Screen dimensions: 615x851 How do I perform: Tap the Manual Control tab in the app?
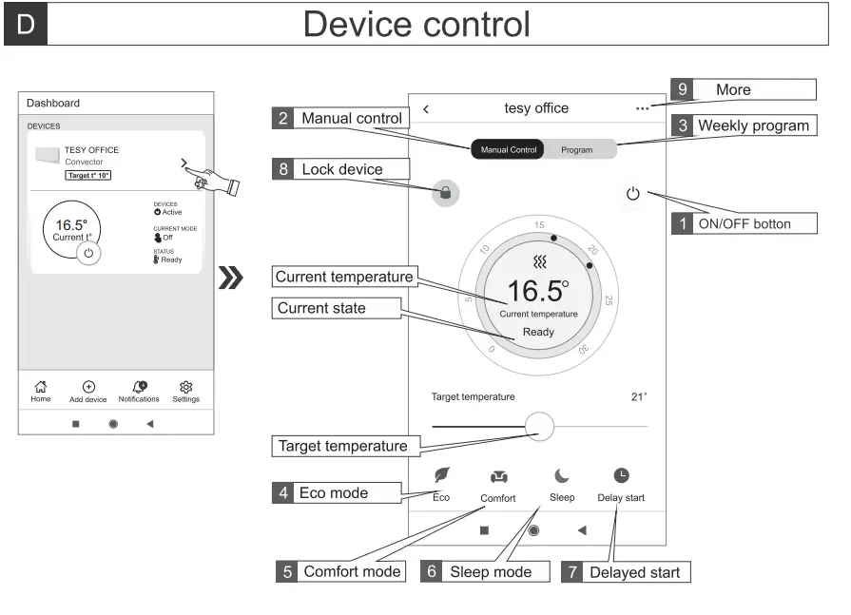[x=509, y=150]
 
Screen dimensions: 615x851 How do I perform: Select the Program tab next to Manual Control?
[x=576, y=150]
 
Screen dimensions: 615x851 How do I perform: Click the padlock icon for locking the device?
[x=444, y=193]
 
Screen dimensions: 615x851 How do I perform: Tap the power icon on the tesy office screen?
[x=633, y=194]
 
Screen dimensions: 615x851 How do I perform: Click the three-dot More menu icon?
[x=644, y=109]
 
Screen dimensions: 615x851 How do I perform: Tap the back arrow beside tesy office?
[x=425, y=109]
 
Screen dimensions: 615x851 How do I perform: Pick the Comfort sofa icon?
[x=498, y=476]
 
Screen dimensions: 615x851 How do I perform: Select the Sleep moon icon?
[x=562, y=476]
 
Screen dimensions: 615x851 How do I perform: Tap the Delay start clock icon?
[x=621, y=475]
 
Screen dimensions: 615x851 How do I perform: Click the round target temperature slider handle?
[x=539, y=426]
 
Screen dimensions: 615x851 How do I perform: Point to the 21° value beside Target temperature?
[x=638, y=397]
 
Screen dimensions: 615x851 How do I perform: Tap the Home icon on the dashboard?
[x=41, y=386]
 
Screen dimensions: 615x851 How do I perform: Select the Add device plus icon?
[x=88, y=386]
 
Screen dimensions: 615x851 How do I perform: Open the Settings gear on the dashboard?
[x=186, y=386]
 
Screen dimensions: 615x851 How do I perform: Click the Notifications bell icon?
[x=139, y=386]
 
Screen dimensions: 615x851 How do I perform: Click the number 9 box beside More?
[x=682, y=89]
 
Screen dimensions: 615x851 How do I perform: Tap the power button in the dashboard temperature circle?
[x=88, y=254]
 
